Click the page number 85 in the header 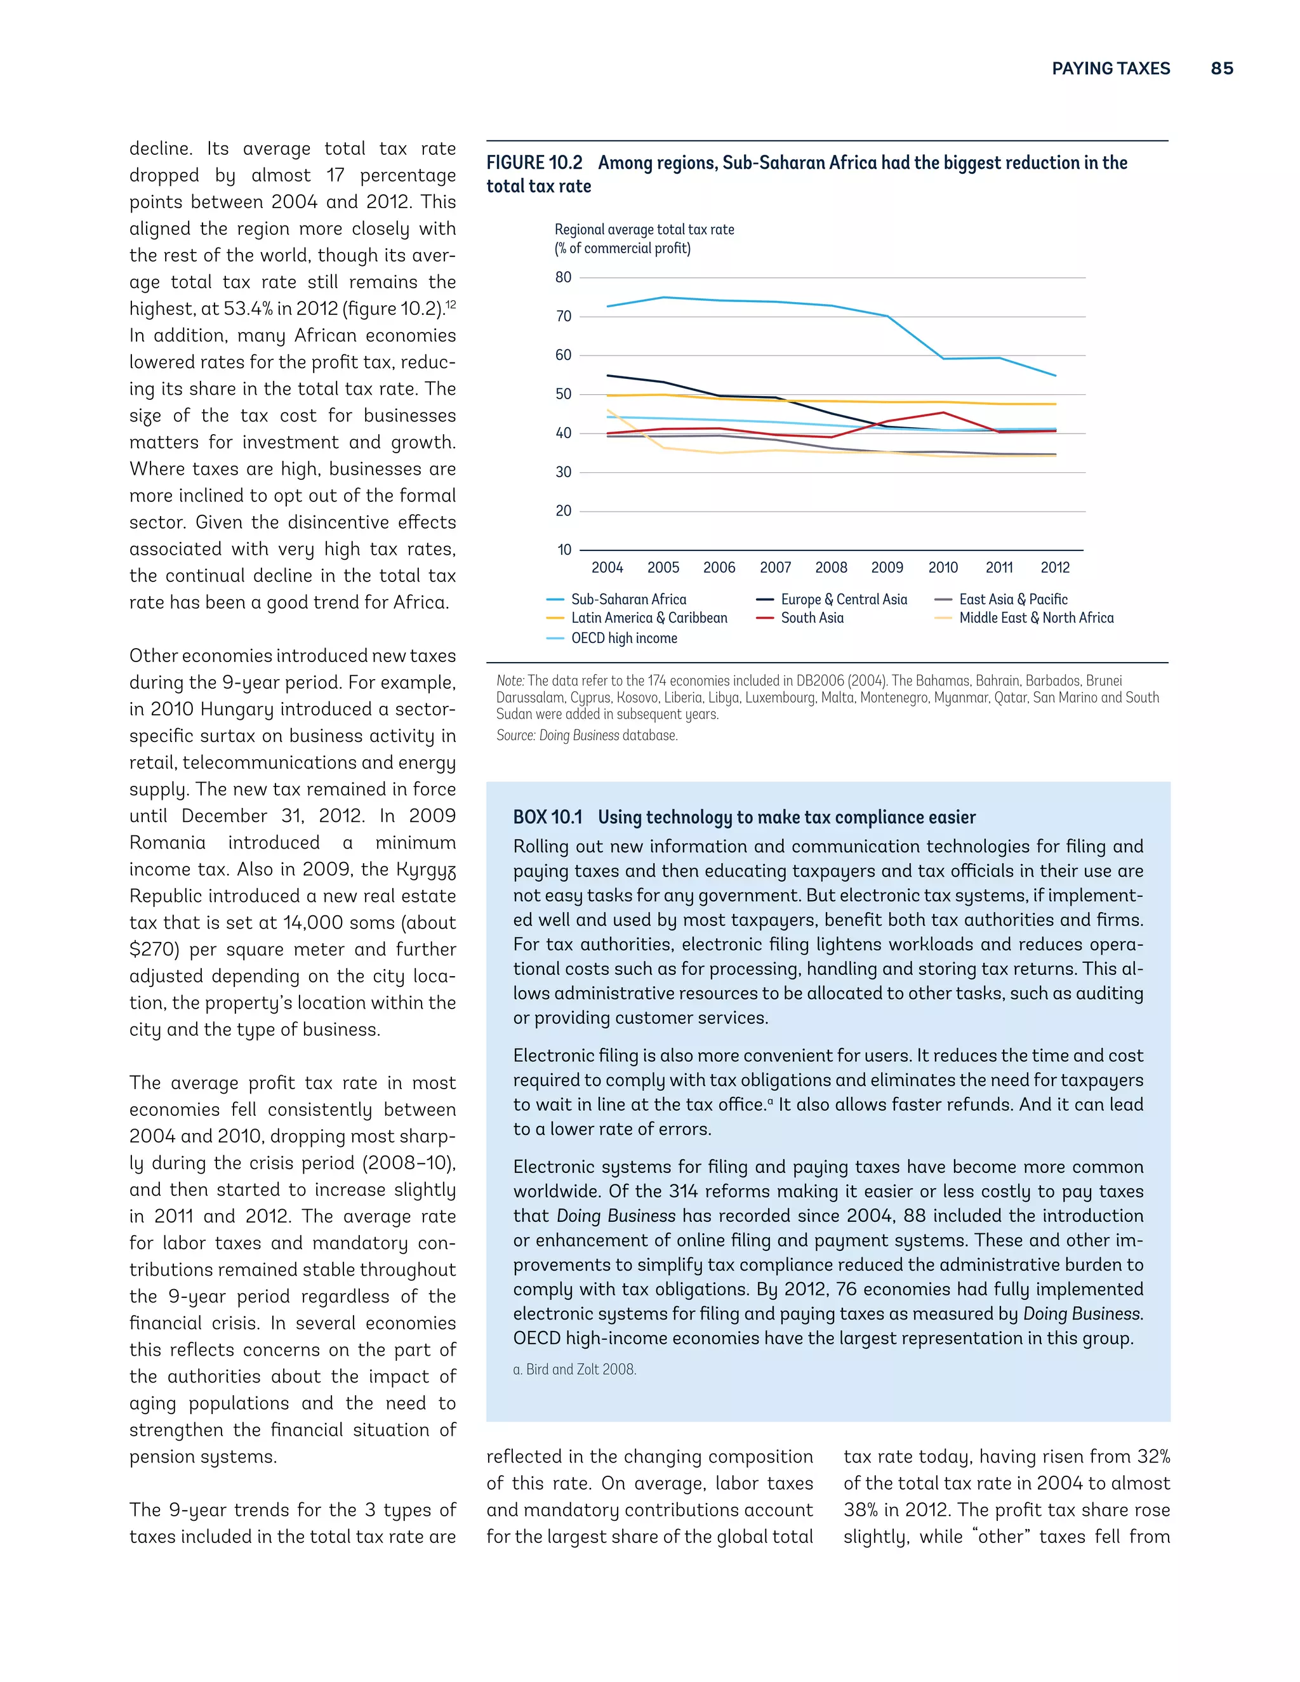(1221, 69)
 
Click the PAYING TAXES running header (1111, 69)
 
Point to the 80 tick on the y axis (564, 277)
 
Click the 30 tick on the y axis (564, 472)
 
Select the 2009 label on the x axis (887, 567)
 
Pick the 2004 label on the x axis (607, 567)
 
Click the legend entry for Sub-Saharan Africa (628, 599)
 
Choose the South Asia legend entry (812, 618)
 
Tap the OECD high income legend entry (624, 639)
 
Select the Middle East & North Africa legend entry (1036, 618)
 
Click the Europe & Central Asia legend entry (844, 599)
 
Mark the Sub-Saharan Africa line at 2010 (943, 359)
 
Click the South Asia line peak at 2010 (943, 412)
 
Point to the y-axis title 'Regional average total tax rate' (644, 230)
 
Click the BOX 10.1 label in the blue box (548, 817)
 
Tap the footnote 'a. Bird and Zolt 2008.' (574, 1369)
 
